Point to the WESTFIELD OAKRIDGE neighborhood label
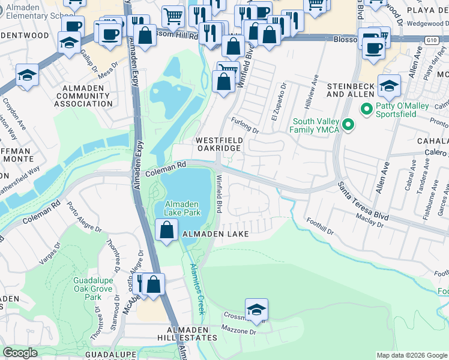(220, 145)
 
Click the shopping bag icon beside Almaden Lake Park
(166, 230)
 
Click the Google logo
(20, 353)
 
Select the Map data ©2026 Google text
(411, 355)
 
